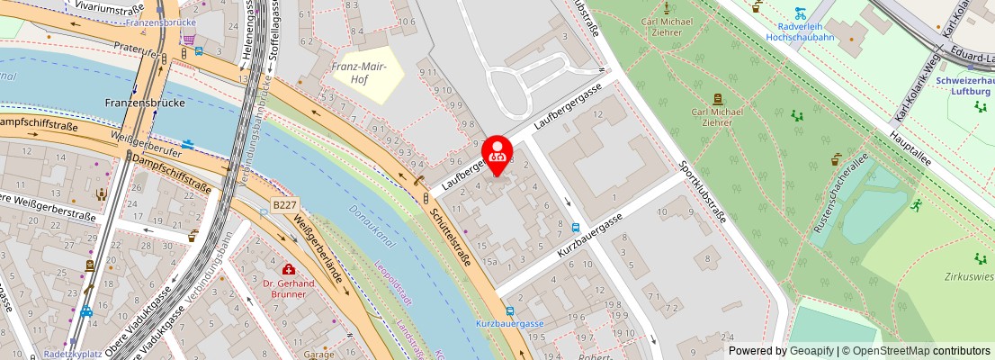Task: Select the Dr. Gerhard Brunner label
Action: pos(288,288)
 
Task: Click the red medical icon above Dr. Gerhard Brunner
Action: pos(288,269)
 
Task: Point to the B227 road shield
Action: pos(284,205)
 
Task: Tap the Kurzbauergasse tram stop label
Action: pos(509,324)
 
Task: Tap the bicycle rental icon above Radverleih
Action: pos(800,13)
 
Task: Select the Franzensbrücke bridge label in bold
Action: pos(144,102)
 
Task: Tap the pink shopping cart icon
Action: pos(188,39)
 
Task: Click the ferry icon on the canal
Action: pos(188,144)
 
